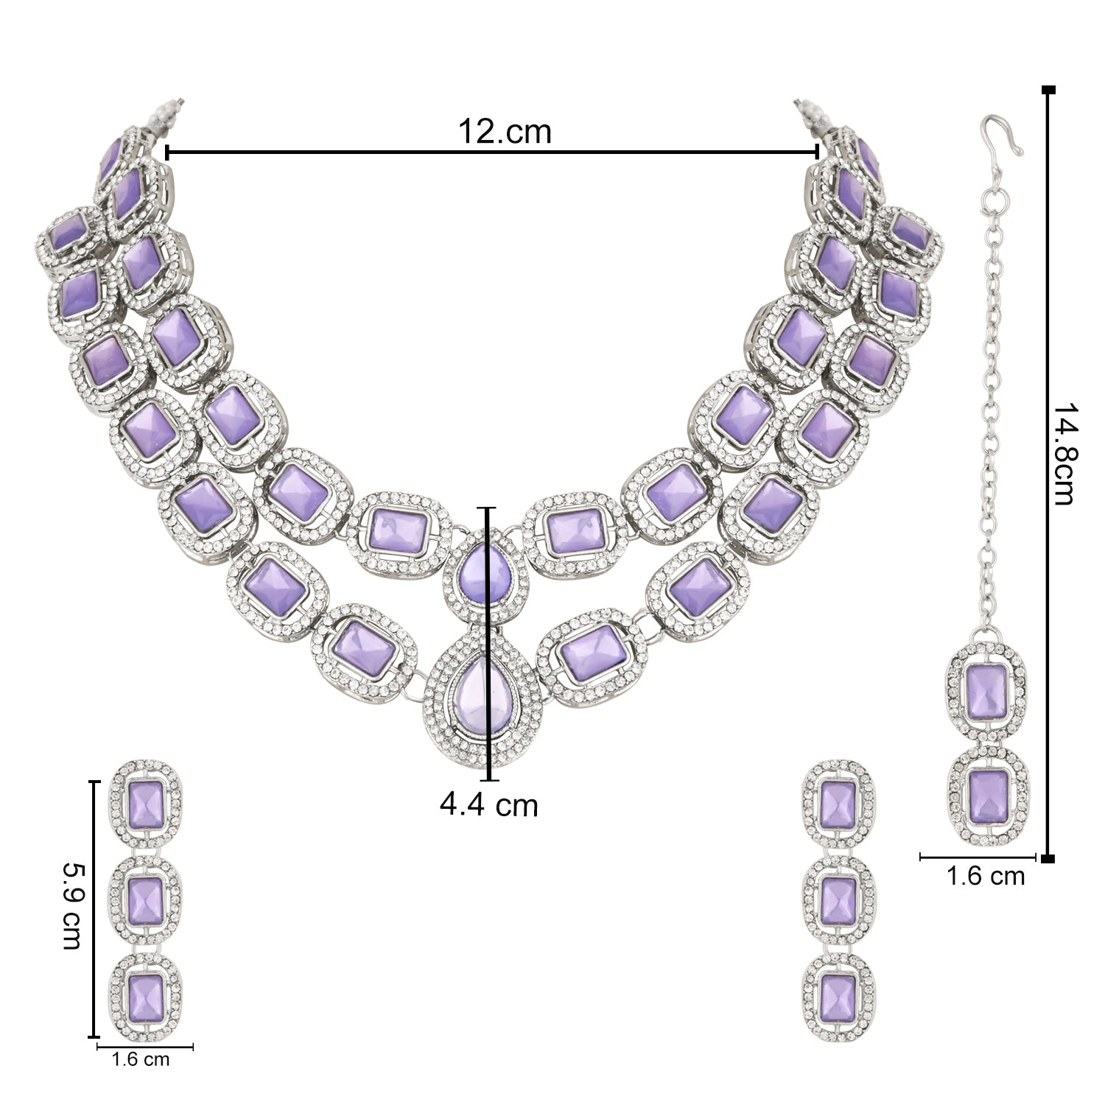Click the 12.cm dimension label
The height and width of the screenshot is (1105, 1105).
point(505,132)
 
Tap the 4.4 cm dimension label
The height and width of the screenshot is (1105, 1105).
point(489,804)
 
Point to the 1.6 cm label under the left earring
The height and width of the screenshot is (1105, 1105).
point(140,1059)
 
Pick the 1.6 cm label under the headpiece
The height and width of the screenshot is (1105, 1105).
point(986,876)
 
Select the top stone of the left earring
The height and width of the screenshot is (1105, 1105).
point(145,804)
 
